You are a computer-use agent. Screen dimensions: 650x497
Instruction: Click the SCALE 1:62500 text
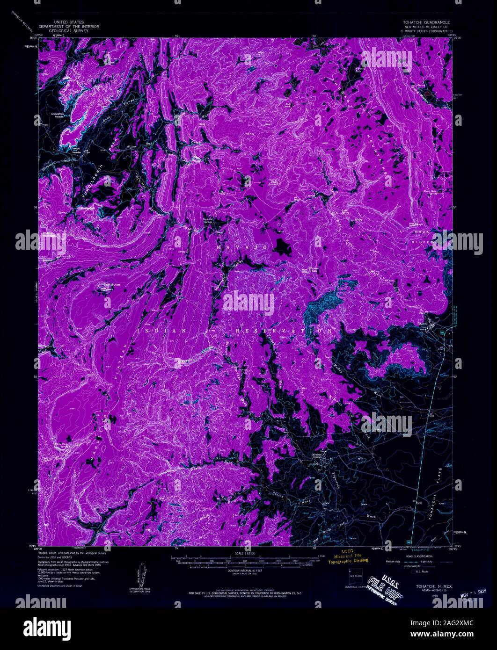pyautogui.click(x=243, y=552)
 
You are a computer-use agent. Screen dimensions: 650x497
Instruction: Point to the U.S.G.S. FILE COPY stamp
pyautogui.click(x=385, y=583)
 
